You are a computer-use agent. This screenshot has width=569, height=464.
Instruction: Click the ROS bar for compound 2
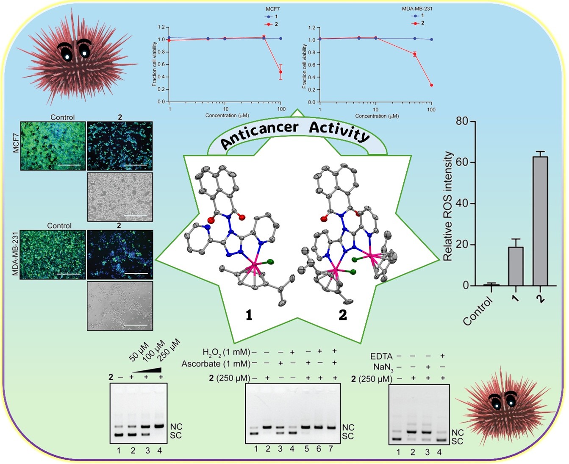click(540, 220)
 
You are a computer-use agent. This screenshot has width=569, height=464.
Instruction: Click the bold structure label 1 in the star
click(249, 315)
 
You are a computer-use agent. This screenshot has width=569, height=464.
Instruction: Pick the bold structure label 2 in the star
click(343, 315)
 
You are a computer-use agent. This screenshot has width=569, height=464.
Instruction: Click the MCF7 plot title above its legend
click(269, 9)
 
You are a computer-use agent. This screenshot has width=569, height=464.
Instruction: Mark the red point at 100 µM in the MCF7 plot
click(280, 72)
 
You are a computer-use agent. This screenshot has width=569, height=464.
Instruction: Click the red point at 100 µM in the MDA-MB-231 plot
click(431, 85)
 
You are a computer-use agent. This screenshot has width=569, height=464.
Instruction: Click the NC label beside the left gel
click(176, 426)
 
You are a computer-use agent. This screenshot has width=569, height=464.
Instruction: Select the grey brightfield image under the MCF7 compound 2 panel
click(120, 197)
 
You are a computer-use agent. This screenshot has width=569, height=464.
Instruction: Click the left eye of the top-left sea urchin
click(67, 52)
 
